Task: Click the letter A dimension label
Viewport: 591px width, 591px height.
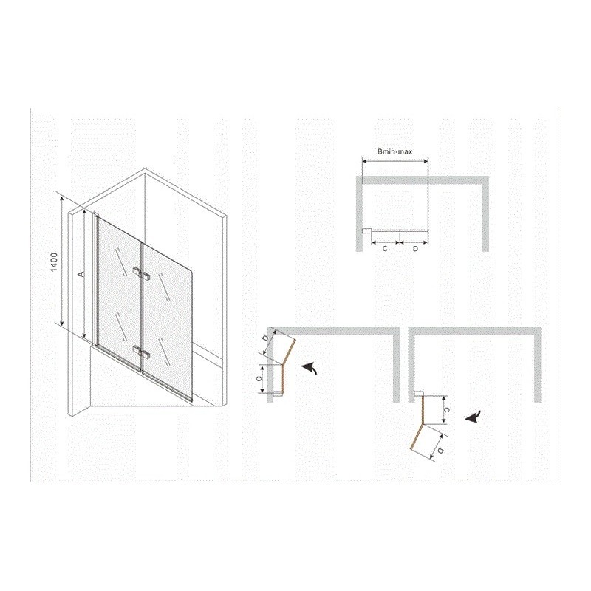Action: pos(80,273)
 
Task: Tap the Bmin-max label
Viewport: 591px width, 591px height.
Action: pos(394,151)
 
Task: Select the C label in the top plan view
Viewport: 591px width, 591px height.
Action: pos(384,249)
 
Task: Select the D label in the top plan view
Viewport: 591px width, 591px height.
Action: pos(415,249)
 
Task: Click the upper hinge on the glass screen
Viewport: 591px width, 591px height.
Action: pos(142,274)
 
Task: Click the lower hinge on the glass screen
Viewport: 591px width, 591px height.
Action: pos(142,352)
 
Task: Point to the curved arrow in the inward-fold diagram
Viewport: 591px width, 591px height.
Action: pos(310,367)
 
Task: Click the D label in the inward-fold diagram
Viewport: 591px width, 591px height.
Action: pos(266,338)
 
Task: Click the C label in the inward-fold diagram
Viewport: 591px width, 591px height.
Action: pos(259,379)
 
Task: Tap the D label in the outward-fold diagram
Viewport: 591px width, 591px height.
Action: pos(440,451)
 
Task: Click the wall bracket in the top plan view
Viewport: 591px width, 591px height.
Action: pos(366,231)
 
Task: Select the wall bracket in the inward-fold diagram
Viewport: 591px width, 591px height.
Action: pos(278,394)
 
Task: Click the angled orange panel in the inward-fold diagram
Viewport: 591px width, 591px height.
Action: pos(288,352)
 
